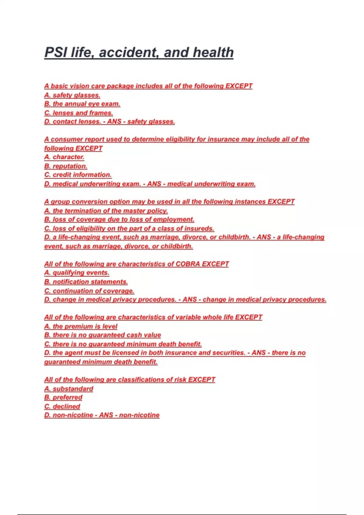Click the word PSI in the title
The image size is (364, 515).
tap(56, 52)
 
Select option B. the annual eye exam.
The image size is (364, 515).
tap(82, 104)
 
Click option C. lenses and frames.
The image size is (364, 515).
tap(79, 113)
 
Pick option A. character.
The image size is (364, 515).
tap(64, 157)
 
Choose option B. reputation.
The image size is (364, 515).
tap(66, 166)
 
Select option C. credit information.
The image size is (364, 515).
tap(78, 175)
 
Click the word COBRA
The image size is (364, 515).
tap(188, 264)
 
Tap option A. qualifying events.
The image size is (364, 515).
tap(77, 273)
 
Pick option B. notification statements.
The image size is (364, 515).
tap(86, 282)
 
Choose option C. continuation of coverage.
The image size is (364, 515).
tap(89, 291)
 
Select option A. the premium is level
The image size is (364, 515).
tap(81, 326)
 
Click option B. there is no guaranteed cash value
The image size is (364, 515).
tap(103, 335)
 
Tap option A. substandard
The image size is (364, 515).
tap(69, 389)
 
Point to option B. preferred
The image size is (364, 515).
tap(63, 397)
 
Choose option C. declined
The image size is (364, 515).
tap(62, 407)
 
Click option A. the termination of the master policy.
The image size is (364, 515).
tap(106, 211)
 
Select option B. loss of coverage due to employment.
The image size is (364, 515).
tap(119, 220)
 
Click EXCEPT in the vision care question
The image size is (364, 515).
tap(239, 86)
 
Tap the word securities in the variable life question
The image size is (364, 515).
tap(228, 353)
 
